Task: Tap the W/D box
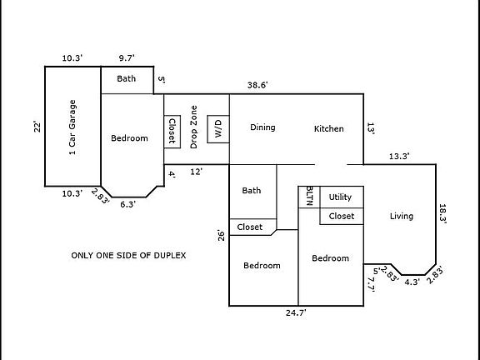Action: point(218,128)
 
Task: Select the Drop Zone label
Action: point(193,127)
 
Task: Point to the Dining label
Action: point(262,127)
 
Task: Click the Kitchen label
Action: point(328,128)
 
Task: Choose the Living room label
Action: point(401,217)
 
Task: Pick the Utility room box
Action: point(341,197)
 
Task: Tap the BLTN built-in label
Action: point(310,196)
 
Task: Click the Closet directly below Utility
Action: point(341,216)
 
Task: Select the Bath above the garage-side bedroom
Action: point(126,79)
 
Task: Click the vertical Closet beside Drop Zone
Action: point(172,131)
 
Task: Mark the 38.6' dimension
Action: point(257,84)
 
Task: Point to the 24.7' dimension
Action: point(297,312)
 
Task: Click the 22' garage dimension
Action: point(36,127)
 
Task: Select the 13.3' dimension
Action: point(398,155)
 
